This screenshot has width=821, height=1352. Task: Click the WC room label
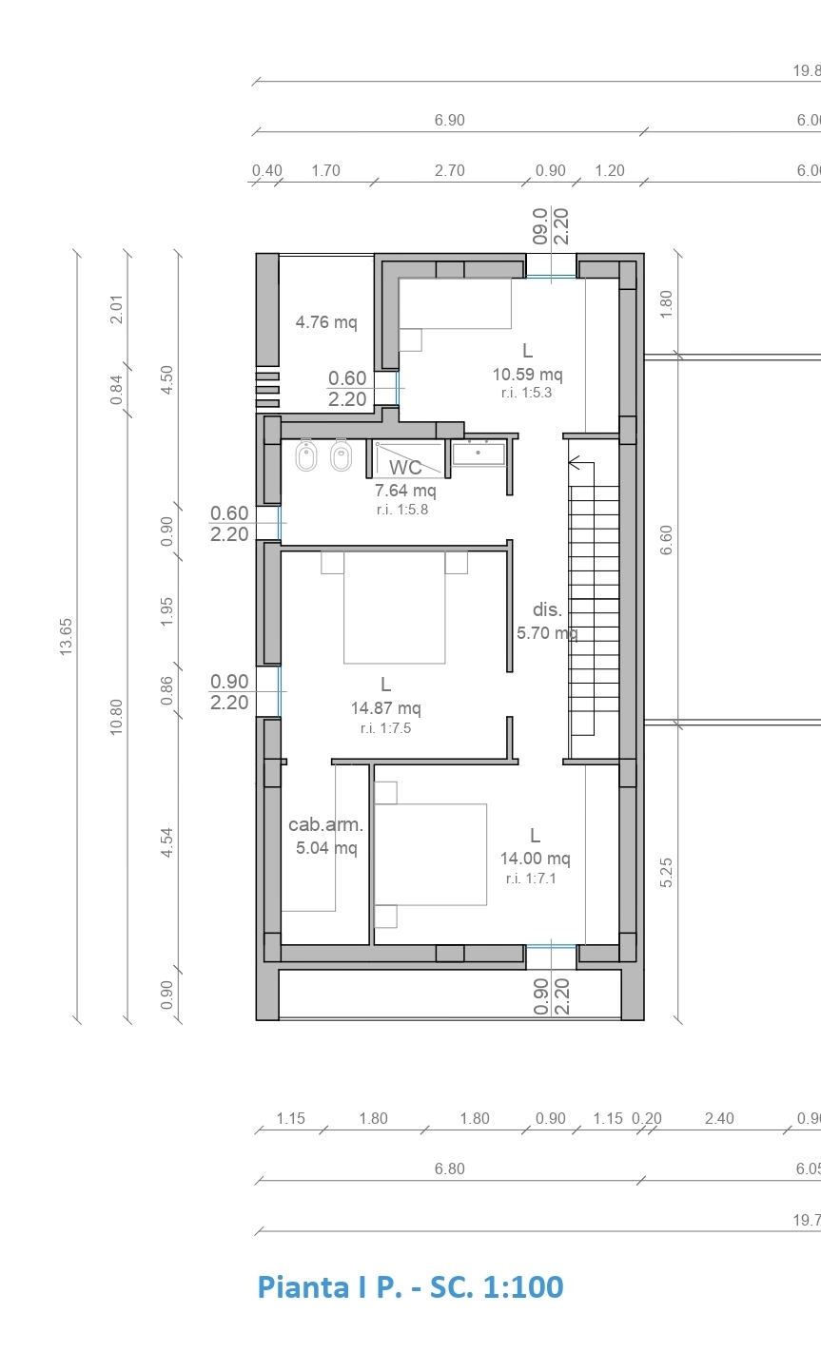[405, 467]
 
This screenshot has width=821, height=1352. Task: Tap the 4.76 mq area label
[326, 321]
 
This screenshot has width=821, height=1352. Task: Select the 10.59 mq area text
[527, 375]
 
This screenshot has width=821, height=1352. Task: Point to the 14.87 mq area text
[386, 707]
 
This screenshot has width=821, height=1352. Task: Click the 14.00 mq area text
[536, 858]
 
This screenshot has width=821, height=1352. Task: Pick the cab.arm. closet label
[325, 824]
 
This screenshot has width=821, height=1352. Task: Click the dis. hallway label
[547, 609]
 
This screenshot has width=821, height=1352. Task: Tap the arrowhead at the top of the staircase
[574, 463]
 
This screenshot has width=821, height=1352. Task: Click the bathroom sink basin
[479, 454]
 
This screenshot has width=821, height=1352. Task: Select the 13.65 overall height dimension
[66, 637]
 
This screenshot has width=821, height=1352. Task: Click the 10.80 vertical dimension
[116, 717]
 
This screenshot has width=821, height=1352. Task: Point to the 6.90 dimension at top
[449, 120]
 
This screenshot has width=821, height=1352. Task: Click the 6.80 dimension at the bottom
[449, 1169]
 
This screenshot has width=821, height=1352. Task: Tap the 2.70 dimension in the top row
[449, 171]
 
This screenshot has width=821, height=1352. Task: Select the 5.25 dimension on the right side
[666, 873]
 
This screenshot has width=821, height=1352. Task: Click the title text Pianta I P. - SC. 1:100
[411, 1286]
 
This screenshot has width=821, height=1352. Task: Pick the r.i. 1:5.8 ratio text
[402, 510]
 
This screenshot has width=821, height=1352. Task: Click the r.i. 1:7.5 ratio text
[385, 728]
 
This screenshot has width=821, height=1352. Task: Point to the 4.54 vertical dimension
[166, 842]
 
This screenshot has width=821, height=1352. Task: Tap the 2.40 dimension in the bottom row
[719, 1118]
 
